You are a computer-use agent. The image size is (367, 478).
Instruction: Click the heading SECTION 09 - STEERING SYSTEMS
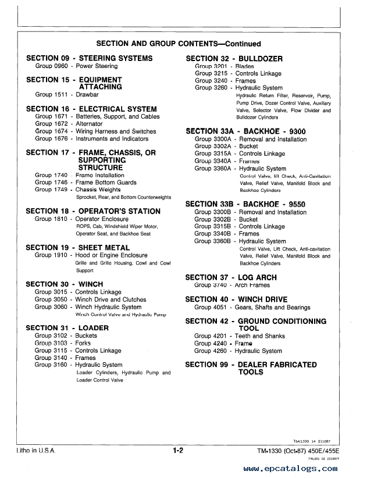point(90,58)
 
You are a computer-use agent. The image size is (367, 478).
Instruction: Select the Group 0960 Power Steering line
point(76,66)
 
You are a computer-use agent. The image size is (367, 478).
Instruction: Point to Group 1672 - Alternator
point(69,124)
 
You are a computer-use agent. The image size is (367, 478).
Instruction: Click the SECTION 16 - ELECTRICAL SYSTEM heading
point(92,109)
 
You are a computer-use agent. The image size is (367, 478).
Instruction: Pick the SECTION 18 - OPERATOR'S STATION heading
point(94,211)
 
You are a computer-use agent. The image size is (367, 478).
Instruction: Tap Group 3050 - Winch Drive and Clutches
point(91,299)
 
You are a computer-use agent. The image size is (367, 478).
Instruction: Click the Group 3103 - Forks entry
point(63,343)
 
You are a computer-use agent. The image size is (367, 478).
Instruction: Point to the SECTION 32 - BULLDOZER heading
point(234,59)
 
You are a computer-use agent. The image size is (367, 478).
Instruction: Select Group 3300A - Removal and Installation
point(251,140)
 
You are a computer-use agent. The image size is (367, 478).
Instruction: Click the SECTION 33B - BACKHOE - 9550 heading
point(245,204)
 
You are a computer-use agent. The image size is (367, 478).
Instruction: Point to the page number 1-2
point(178,450)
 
